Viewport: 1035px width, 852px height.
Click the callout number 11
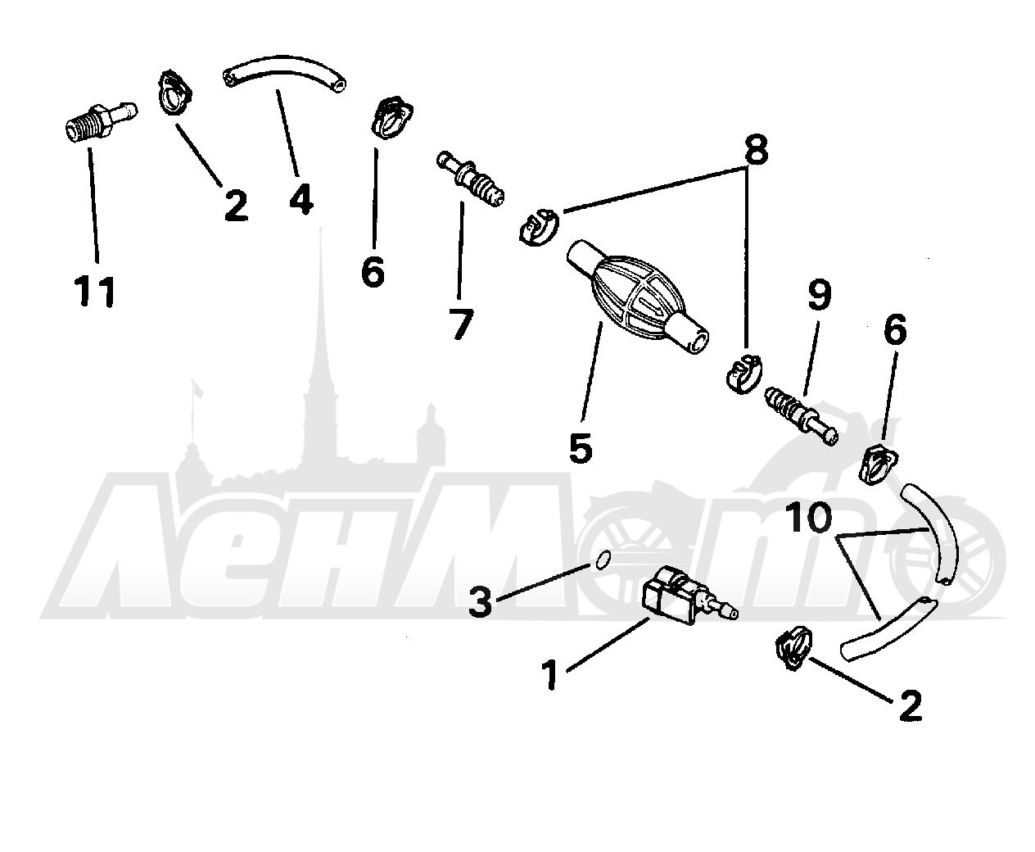click(95, 291)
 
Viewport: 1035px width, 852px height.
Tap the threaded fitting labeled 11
click(101, 123)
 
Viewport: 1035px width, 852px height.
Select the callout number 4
click(301, 200)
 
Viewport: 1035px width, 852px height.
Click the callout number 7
click(462, 324)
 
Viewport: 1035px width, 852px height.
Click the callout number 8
click(756, 149)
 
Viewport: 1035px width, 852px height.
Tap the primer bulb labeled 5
click(637, 297)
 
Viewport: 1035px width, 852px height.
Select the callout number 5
click(581, 447)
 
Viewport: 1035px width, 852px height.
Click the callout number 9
click(820, 295)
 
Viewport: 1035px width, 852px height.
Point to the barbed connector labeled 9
click(801, 416)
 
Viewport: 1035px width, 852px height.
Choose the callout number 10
click(808, 517)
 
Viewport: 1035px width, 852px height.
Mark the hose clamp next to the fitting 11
click(174, 93)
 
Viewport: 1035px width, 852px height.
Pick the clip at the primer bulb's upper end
click(539, 228)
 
